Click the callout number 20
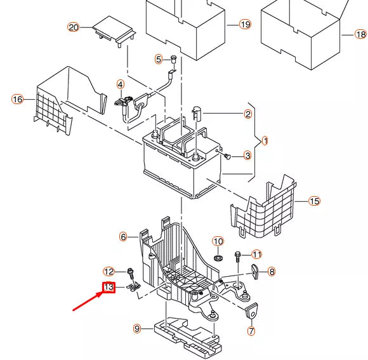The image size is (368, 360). pos(74,27)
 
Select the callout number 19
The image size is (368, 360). pos(245,24)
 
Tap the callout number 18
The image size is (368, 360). pos(361,34)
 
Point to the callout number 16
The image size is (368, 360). pos(17,99)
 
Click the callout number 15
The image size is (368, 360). pos(314,201)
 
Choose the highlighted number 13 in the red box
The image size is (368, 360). pos(108,288)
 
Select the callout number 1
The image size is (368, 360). pos(265,141)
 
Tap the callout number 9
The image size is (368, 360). pos(136,328)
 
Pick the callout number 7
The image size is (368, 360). pos(251,331)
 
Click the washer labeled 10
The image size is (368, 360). pos(218,259)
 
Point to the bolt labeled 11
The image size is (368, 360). pos(237,257)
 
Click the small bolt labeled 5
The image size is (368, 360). pos(172,60)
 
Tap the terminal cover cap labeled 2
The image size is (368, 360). pos(195,114)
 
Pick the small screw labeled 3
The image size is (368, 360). pos(227,155)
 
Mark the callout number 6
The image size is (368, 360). pos(124,237)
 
